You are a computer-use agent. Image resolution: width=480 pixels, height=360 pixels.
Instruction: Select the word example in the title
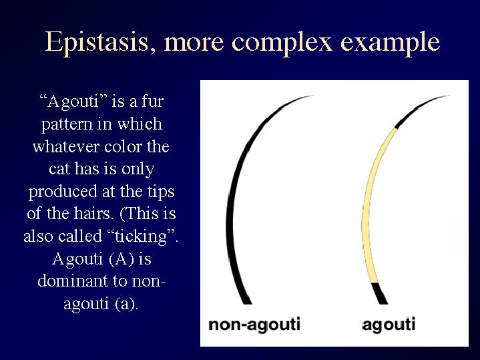391,43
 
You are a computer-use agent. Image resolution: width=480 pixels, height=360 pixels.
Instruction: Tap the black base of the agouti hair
380,293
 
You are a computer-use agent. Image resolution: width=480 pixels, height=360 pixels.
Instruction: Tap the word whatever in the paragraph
66,146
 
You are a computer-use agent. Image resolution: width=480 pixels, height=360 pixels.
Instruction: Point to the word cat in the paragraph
59,169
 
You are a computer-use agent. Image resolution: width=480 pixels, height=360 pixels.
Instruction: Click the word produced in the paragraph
63,192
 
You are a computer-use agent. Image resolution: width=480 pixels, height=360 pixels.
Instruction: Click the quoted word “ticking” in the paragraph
143,236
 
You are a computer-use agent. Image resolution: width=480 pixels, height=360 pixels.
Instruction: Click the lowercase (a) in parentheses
127,304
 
